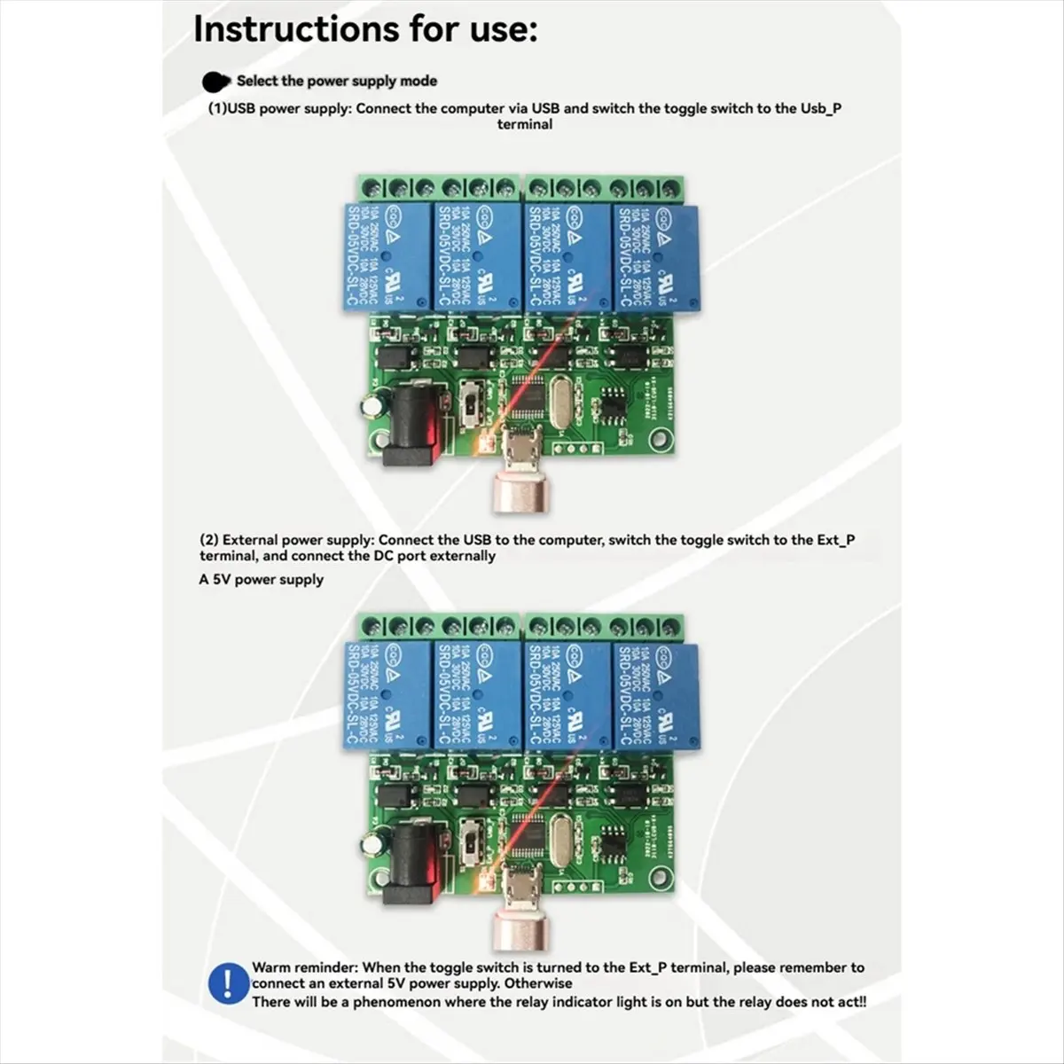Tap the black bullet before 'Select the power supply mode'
coord(215,82)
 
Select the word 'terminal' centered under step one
coord(524,125)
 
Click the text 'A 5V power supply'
coord(262,580)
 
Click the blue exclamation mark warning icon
coord(227,985)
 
